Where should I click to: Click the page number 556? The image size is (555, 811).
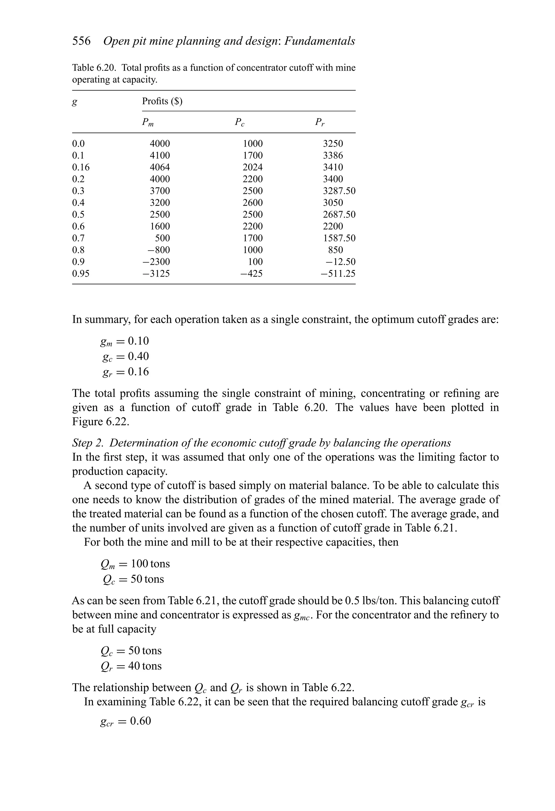(81, 41)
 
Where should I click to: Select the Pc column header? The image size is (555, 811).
(240, 122)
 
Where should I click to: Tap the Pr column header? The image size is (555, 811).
(320, 122)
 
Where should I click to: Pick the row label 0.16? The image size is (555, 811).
(81, 167)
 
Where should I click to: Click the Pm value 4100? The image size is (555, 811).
(160, 155)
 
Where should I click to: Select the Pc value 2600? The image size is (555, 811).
(253, 203)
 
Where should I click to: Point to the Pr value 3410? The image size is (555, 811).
(333, 167)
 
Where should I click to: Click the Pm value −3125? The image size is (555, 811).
(156, 274)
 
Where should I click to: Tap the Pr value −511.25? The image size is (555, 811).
(338, 274)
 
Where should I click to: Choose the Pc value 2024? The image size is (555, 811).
(253, 167)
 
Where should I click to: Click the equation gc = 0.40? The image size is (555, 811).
(125, 357)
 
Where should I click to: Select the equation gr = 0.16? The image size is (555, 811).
(125, 372)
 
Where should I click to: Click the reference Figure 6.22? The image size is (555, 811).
(100, 422)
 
